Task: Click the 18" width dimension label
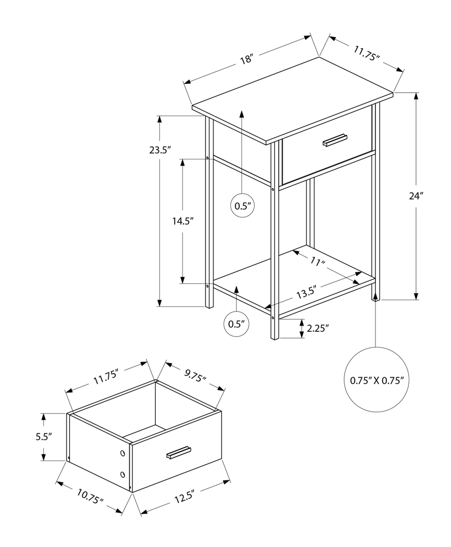247,59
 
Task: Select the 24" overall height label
416,196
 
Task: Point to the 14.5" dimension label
183,221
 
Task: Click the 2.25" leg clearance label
317,328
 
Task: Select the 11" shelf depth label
316,262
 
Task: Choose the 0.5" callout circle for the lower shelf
236,324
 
